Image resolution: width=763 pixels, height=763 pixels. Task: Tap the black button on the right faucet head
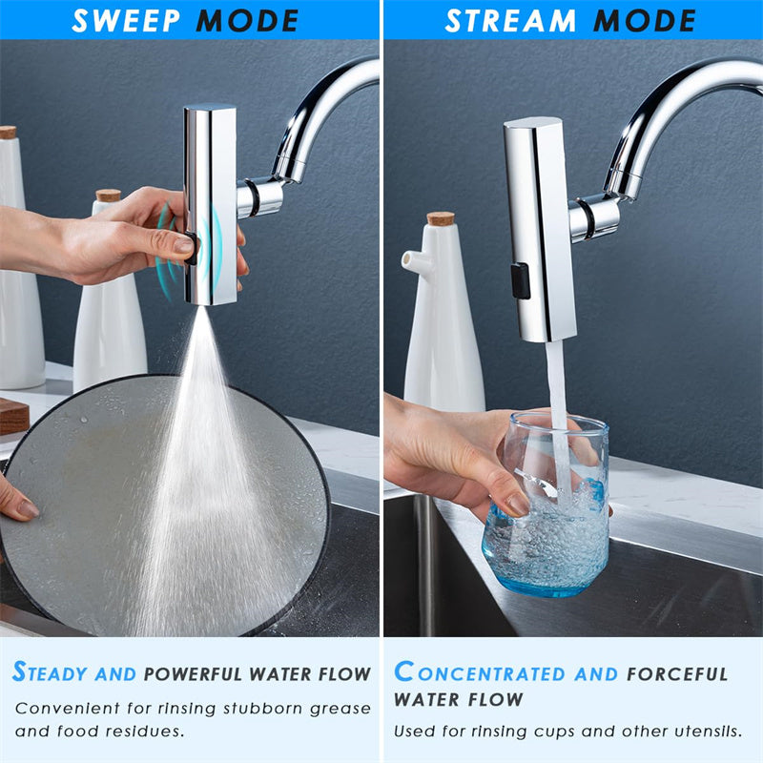pos(520,280)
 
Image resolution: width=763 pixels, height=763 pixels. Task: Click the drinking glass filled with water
pos(545,505)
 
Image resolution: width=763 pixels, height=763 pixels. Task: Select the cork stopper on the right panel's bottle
pos(440,218)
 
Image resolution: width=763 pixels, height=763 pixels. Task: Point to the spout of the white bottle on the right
pos(408,260)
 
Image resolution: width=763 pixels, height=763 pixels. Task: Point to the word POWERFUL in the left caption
pos(196,674)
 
